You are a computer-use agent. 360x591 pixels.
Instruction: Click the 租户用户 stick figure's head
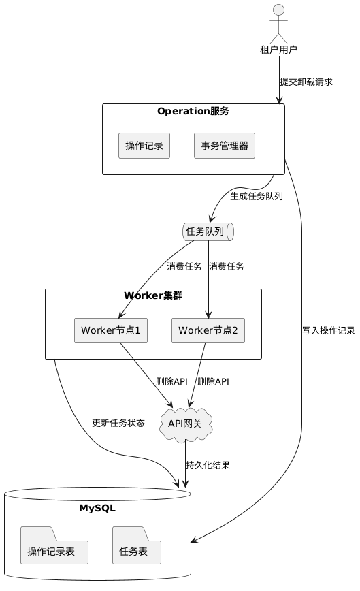pyautogui.click(x=278, y=10)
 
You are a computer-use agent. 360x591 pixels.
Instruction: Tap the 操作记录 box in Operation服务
pyautogui.click(x=144, y=146)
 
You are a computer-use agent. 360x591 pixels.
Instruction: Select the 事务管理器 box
pyautogui.click(x=225, y=146)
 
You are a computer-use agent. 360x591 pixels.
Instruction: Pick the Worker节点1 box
pyautogui.click(x=111, y=330)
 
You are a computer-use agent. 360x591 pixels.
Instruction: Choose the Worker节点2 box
pyautogui.click(x=208, y=330)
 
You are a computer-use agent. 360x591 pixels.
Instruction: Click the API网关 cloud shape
pyautogui.click(x=185, y=424)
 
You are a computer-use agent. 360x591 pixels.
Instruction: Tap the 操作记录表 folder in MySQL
pyautogui.click(x=54, y=545)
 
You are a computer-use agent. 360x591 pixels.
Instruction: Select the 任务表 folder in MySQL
pyautogui.click(x=137, y=545)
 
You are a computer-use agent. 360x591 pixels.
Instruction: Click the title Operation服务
pyautogui.click(x=193, y=111)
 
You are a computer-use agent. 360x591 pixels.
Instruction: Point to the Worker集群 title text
pyautogui.click(x=153, y=295)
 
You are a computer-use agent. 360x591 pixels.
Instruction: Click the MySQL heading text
pyautogui.click(x=97, y=508)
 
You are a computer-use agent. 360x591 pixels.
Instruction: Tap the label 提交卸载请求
pyautogui.click(x=306, y=82)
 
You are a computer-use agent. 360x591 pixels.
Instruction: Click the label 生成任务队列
pyautogui.click(x=257, y=196)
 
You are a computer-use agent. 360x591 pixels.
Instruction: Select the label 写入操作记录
pyautogui.click(x=329, y=330)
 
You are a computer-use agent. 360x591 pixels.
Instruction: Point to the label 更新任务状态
pyautogui.click(x=118, y=423)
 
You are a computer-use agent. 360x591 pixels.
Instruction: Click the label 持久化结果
pyautogui.click(x=208, y=465)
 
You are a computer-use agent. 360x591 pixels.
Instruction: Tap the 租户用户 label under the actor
pyautogui.click(x=278, y=50)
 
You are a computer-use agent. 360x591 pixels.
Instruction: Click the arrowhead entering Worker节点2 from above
pyautogui.click(x=209, y=315)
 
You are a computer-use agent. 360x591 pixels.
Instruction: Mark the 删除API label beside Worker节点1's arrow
pyautogui.click(x=171, y=381)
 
